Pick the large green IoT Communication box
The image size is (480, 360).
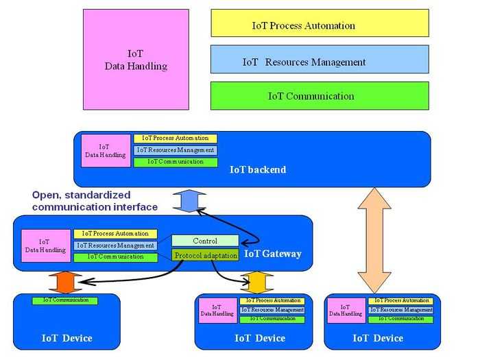(x=320, y=96)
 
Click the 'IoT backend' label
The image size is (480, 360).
(x=258, y=169)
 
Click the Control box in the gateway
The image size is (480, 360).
(x=205, y=241)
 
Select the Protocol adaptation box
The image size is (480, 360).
(x=205, y=256)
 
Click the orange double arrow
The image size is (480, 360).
(x=65, y=282)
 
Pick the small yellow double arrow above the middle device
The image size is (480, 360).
(x=256, y=283)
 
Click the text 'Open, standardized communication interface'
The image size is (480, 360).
(x=95, y=201)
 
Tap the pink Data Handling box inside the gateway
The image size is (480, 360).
(x=45, y=245)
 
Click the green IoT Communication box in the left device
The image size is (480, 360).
(x=65, y=300)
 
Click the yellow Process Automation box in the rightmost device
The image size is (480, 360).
(x=400, y=300)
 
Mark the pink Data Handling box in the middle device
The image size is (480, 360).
(x=216, y=310)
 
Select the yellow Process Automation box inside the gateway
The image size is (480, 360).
(x=115, y=234)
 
